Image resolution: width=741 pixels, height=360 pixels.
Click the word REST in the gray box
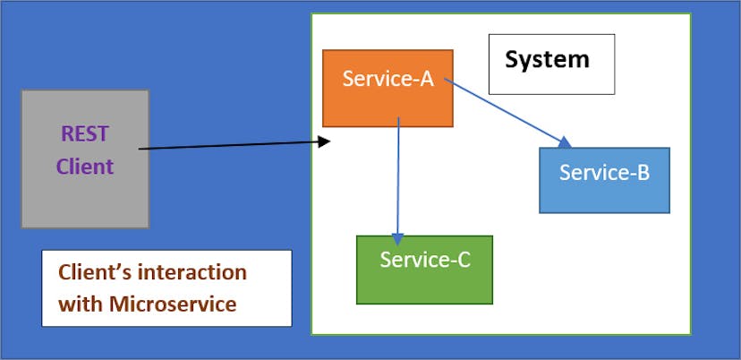tap(84, 134)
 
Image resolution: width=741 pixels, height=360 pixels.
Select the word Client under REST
tap(84, 166)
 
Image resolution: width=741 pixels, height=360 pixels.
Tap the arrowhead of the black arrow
tap(326, 141)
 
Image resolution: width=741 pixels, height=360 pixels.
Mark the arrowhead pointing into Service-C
tap(397, 239)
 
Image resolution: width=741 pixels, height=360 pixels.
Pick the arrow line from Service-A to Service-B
tap(506, 111)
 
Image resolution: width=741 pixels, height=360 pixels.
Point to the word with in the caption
tap(80, 304)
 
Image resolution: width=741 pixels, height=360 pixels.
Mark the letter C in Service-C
tap(462, 261)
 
